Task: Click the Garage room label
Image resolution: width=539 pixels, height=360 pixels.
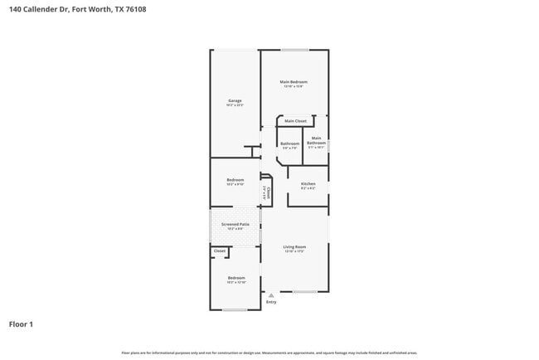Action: tap(235, 101)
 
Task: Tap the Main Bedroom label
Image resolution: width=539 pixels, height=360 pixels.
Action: tap(294, 82)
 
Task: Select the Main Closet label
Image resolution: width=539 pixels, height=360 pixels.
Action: tap(295, 121)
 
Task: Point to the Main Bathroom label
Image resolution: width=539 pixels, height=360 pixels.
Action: tap(316, 141)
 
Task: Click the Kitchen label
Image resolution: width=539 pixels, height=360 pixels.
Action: tap(308, 183)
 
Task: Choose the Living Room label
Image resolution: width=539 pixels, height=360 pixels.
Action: tap(294, 246)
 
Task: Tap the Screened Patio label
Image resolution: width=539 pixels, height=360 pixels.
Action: tap(235, 224)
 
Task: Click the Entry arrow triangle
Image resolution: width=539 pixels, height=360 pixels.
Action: tap(270, 294)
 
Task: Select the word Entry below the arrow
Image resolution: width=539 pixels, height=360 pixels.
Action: tap(270, 302)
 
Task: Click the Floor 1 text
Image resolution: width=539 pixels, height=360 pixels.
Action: tap(21, 324)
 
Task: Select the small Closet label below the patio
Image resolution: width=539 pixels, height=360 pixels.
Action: tap(219, 251)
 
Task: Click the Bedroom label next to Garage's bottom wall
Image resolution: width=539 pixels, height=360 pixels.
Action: tap(236, 180)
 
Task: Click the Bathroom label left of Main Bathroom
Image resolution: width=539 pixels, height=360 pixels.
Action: tap(289, 144)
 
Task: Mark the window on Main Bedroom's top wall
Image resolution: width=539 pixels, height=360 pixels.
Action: tap(294, 50)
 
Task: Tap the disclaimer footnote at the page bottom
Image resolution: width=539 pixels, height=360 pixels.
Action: tap(269, 352)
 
